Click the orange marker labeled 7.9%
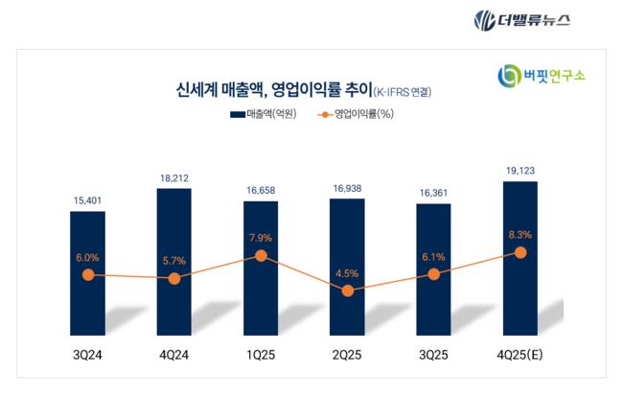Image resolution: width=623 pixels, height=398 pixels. (x=261, y=256)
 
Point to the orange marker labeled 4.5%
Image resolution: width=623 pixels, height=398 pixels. (x=348, y=291)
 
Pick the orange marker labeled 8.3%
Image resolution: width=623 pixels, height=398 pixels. (x=520, y=252)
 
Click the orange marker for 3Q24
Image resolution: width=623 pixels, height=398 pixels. (x=87, y=274)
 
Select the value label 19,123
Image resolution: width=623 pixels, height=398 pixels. (x=519, y=170)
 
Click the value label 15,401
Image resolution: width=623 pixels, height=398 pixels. (x=87, y=199)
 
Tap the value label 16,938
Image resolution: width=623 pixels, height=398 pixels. (x=347, y=189)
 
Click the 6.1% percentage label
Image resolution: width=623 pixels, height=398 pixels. (x=433, y=255)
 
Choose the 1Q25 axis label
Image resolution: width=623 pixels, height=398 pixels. (x=261, y=356)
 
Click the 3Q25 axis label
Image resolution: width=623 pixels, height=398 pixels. (x=433, y=356)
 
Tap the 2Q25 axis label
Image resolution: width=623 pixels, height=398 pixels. (x=347, y=356)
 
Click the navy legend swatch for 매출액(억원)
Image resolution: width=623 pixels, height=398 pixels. (x=237, y=114)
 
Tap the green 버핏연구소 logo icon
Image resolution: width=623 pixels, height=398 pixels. (x=509, y=76)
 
